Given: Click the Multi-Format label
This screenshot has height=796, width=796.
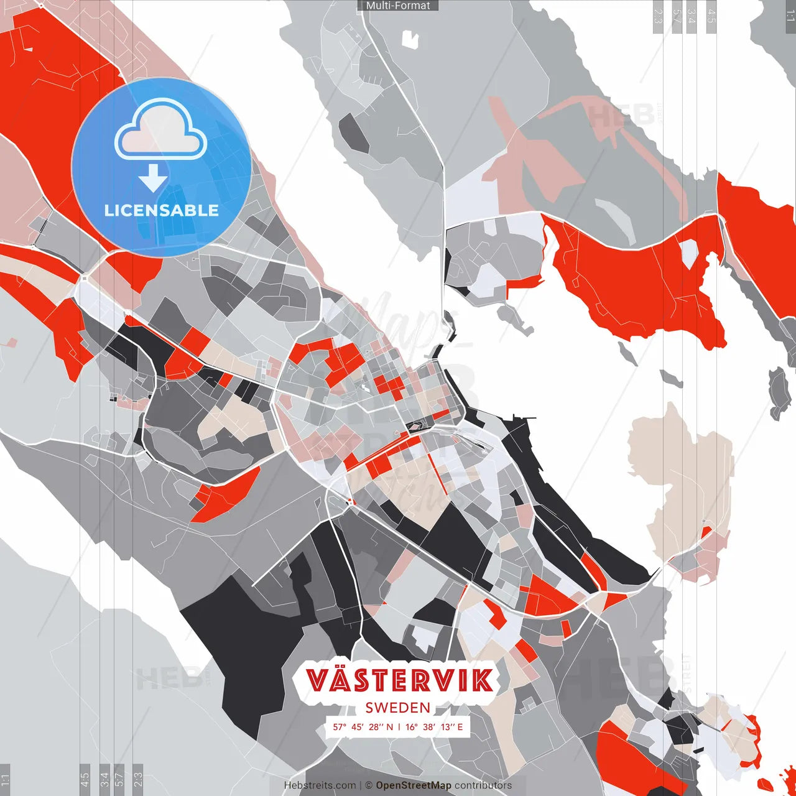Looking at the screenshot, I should (x=398, y=6).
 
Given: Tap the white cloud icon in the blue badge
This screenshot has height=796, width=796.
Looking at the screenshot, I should (x=161, y=132).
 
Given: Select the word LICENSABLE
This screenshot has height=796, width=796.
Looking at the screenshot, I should (x=162, y=211).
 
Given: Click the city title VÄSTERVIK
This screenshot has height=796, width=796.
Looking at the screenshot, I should (x=400, y=680).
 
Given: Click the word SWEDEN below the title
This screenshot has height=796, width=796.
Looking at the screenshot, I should (x=398, y=708).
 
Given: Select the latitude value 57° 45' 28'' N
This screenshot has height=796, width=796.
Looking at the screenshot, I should (x=363, y=727).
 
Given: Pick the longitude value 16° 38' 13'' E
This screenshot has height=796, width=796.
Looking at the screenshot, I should (x=434, y=727).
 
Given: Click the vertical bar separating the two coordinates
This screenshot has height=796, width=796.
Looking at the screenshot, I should (x=399, y=727).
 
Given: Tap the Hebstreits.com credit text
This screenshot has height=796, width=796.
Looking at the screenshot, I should (x=320, y=785).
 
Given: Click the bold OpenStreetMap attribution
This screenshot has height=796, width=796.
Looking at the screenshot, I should (x=414, y=785).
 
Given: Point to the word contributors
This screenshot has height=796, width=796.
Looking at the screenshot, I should (x=483, y=785).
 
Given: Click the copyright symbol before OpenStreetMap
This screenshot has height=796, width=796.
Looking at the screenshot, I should (x=369, y=785).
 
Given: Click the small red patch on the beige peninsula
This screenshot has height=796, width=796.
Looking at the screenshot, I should (x=706, y=533).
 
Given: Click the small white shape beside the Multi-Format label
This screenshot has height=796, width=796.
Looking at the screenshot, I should (x=410, y=39).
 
